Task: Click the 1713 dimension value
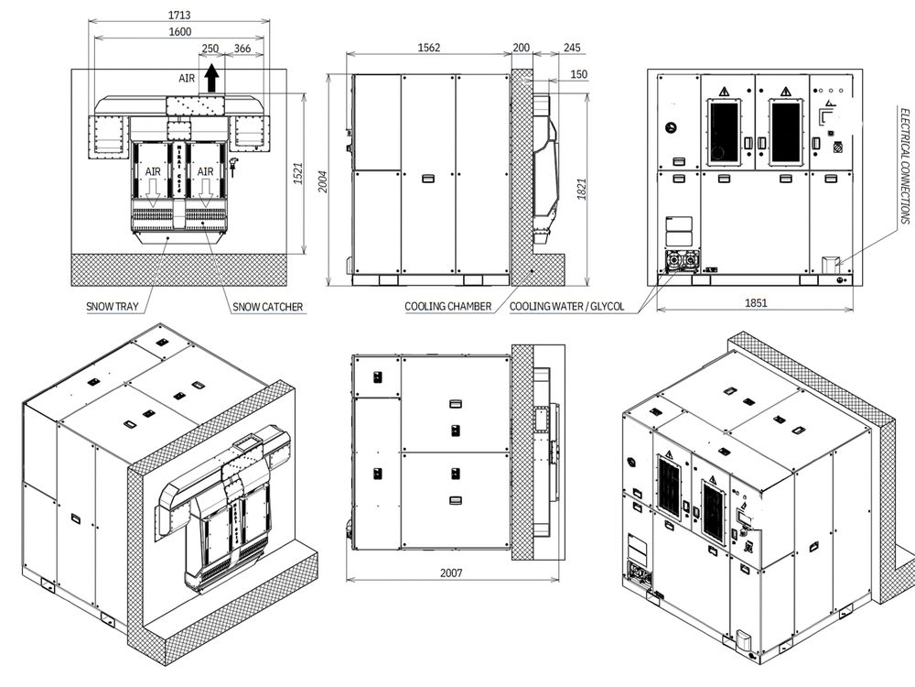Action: point(178,15)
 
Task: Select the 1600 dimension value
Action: point(178,32)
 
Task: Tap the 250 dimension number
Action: point(210,49)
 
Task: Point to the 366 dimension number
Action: point(242,49)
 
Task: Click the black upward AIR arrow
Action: point(211,79)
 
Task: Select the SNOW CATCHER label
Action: point(267,307)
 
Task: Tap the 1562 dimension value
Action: point(428,48)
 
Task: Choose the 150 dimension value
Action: point(578,74)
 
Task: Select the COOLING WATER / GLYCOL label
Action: point(567,307)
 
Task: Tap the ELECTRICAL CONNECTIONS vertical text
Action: point(904,165)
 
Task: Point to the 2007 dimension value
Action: point(450,573)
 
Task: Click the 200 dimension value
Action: point(522,48)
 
